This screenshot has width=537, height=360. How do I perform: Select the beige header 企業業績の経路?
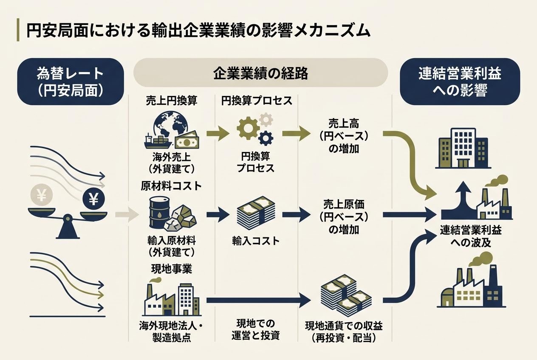tap(260, 73)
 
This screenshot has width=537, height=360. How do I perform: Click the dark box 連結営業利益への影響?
tap(460, 82)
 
